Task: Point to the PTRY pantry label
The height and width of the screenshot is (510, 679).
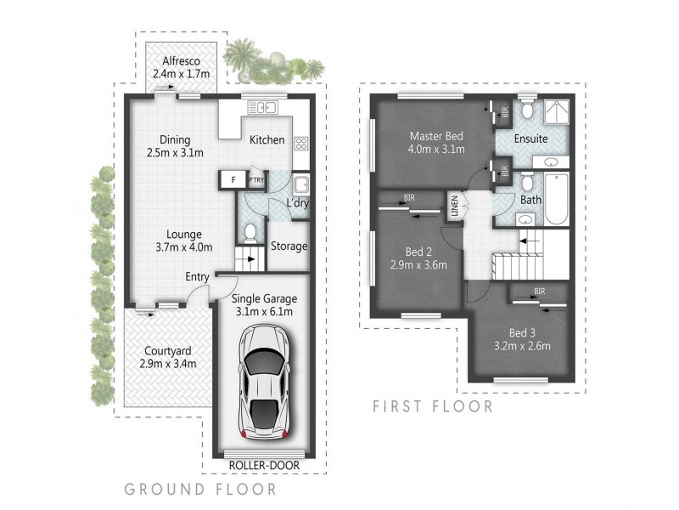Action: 256,180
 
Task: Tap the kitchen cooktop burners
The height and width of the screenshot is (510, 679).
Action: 300,144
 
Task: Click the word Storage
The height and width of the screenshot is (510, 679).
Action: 289,246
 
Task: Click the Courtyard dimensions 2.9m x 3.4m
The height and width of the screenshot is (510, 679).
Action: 167,364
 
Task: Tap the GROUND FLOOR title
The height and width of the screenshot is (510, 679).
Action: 200,490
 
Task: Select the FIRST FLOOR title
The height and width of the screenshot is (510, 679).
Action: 433,406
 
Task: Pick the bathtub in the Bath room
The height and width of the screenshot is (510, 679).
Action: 555,197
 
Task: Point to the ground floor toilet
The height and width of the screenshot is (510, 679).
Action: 250,232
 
